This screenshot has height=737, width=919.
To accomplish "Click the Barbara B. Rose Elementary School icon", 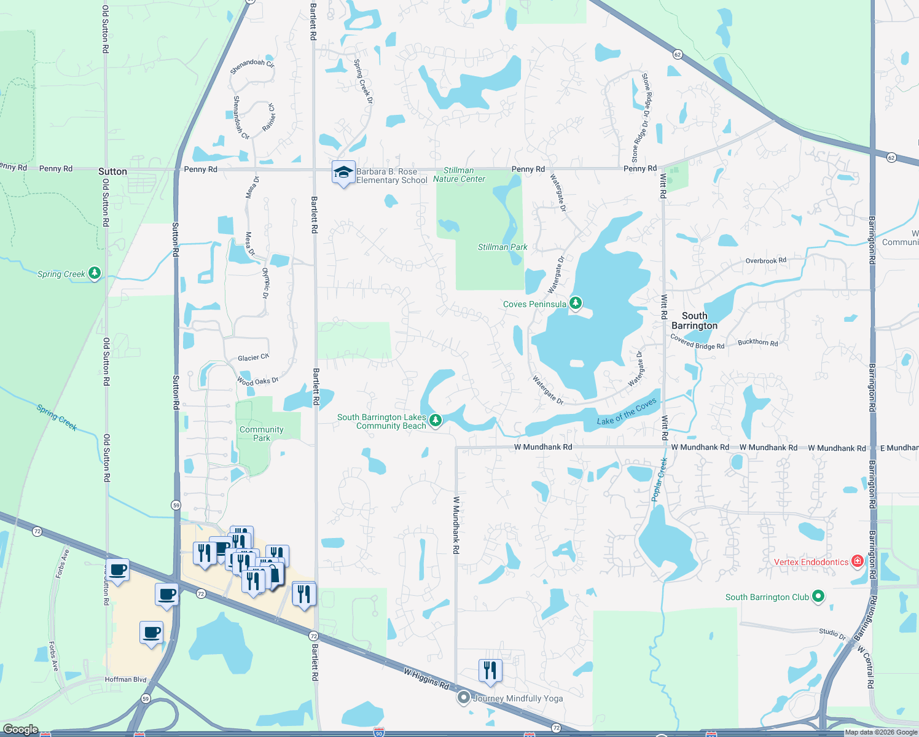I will tap(343, 173).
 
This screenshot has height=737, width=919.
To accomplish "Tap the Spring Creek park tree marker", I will tap(94, 273).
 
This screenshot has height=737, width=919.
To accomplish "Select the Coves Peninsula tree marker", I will tap(575, 303).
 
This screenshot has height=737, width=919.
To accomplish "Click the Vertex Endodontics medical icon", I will tap(858, 561).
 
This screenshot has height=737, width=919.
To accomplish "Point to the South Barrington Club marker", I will tap(818, 596).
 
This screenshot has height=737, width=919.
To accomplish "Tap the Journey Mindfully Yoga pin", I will tap(464, 698).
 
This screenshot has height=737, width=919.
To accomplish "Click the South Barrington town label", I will tap(694, 321).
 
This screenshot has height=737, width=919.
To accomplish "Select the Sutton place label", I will tap(112, 171).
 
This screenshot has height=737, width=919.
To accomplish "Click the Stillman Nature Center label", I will tap(459, 175).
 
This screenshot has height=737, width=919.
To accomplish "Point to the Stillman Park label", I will tap(503, 247).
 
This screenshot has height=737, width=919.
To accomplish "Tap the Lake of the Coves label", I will tap(627, 412).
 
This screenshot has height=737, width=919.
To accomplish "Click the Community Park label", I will tap(262, 434).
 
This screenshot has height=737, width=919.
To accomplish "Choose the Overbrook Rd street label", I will tap(765, 261).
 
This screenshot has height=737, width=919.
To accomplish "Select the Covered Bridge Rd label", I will tap(697, 342).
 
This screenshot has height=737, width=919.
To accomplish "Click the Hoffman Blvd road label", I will tap(125, 679).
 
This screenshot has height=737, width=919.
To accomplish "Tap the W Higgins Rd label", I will tap(426, 678).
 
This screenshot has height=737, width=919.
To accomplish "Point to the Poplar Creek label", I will tap(659, 480).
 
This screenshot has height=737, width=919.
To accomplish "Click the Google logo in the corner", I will tap(21, 729).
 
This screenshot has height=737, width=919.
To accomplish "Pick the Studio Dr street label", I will tap(832, 633).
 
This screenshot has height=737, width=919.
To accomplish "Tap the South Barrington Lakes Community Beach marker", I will tap(435, 420).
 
